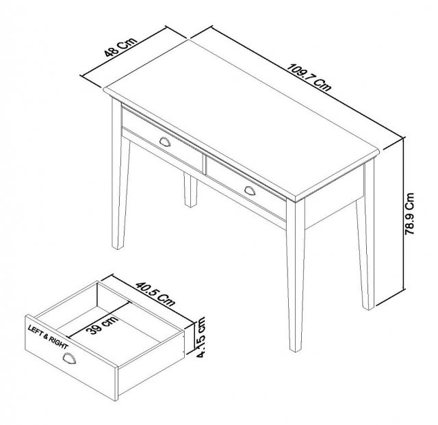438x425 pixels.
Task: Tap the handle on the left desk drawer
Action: point(166,141)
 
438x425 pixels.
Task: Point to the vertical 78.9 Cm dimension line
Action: point(399,219)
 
